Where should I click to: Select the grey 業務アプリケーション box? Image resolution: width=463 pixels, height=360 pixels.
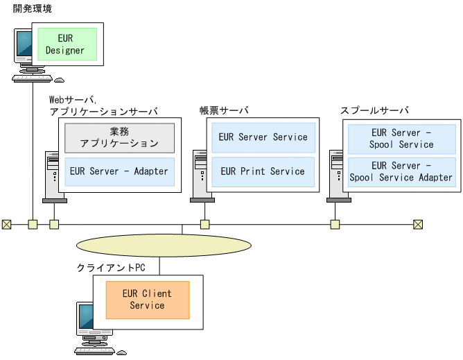[x=119, y=138]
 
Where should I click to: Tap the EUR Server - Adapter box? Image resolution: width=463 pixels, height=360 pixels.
[x=119, y=171]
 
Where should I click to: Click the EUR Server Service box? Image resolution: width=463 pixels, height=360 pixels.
[x=263, y=137]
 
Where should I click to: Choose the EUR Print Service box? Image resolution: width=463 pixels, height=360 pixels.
[x=263, y=171]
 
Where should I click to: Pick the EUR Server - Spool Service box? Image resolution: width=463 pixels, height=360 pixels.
[x=401, y=138]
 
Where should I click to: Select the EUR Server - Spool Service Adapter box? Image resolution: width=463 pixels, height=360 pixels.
[x=401, y=171]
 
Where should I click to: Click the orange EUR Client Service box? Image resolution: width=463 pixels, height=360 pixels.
[x=147, y=300]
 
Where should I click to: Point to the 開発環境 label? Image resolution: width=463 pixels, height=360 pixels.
[x=32, y=8]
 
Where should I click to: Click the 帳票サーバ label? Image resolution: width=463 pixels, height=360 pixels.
[x=224, y=111]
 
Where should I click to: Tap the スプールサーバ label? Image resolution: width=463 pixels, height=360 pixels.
[x=374, y=111]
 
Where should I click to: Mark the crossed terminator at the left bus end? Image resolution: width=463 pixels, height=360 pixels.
[x=6, y=224]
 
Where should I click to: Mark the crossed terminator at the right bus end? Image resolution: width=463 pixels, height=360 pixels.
[x=417, y=224]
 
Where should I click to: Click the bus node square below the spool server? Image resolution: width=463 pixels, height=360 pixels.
[x=335, y=224]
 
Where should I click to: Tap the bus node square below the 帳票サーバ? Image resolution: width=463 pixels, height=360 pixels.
[x=204, y=224]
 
